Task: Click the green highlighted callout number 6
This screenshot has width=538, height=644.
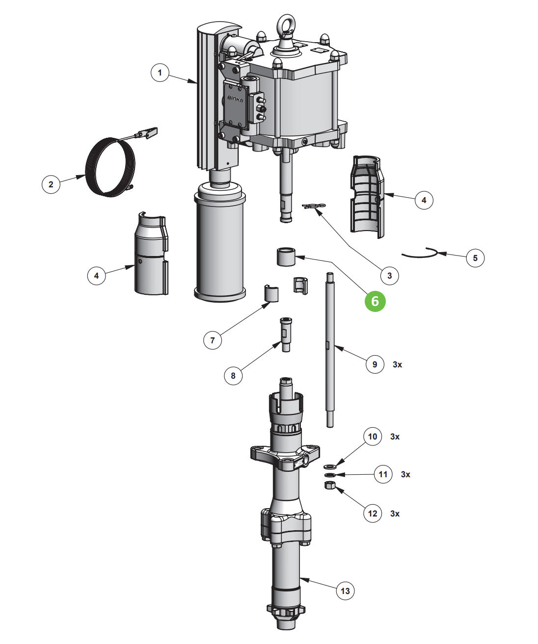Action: (375, 301)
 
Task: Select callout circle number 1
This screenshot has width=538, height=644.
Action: (160, 74)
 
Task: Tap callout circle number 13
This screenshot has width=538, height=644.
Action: (345, 591)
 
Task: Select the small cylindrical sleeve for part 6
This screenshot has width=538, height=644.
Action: (286, 257)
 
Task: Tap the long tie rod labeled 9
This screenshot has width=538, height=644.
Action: (329, 348)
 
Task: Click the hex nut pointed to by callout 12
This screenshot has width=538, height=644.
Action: (330, 486)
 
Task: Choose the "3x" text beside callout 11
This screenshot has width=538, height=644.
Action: (405, 474)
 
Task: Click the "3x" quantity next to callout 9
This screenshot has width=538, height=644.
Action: (397, 364)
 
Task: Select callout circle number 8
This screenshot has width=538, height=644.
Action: (233, 376)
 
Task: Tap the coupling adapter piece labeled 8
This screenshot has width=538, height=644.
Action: (286, 334)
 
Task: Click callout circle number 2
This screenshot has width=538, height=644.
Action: (51, 184)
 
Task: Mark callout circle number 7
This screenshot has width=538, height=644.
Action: (213, 339)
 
